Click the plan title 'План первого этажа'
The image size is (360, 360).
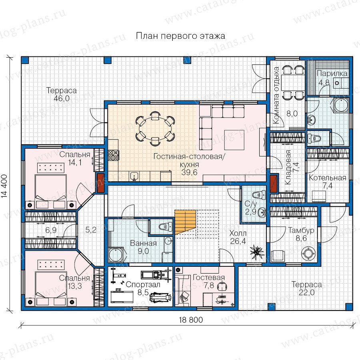point(180,36)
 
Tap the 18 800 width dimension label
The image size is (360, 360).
point(191,320)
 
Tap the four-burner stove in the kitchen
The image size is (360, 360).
point(114,155)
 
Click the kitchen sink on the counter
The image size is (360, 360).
point(134,176)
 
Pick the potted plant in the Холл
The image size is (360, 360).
point(256,252)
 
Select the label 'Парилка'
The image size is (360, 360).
point(332,74)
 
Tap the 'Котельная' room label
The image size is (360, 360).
point(327,178)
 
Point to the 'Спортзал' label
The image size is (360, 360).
point(143,284)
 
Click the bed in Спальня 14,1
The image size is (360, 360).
point(51,191)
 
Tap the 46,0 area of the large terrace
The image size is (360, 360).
point(61,98)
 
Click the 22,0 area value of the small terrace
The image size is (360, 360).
point(307,292)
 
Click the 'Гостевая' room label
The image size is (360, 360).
point(209,277)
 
